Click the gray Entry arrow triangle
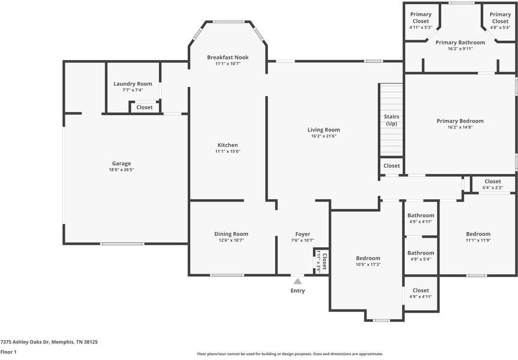[297, 281]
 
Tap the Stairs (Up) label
[391, 120]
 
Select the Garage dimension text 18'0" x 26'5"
[122, 170]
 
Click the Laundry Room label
[133, 83]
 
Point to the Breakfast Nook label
[228, 57]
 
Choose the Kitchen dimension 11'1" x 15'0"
[228, 151]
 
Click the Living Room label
[324, 130]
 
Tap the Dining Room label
[231, 234]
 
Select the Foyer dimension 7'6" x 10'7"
[303, 241]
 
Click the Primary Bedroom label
[460, 121]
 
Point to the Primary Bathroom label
[460, 43]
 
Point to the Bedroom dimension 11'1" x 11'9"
[478, 240]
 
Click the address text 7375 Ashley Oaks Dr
[25, 342]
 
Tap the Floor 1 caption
[8, 352]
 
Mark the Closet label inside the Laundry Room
[144, 107]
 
